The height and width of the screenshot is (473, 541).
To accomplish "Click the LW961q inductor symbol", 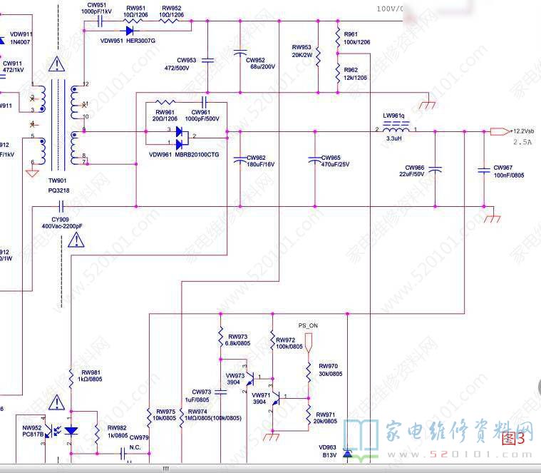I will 396,128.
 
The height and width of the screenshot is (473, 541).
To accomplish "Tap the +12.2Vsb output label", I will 522,131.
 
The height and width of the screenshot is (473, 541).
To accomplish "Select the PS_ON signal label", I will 308,326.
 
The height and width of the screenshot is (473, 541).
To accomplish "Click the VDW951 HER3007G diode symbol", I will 130,30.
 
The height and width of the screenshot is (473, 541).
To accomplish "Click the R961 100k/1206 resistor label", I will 356,39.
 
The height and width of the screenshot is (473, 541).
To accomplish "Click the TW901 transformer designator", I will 57,180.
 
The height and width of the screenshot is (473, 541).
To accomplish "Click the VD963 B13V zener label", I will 328,451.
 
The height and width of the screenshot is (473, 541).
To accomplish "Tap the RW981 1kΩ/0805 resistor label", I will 91,376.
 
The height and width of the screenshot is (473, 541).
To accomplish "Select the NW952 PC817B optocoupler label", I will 33,430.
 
